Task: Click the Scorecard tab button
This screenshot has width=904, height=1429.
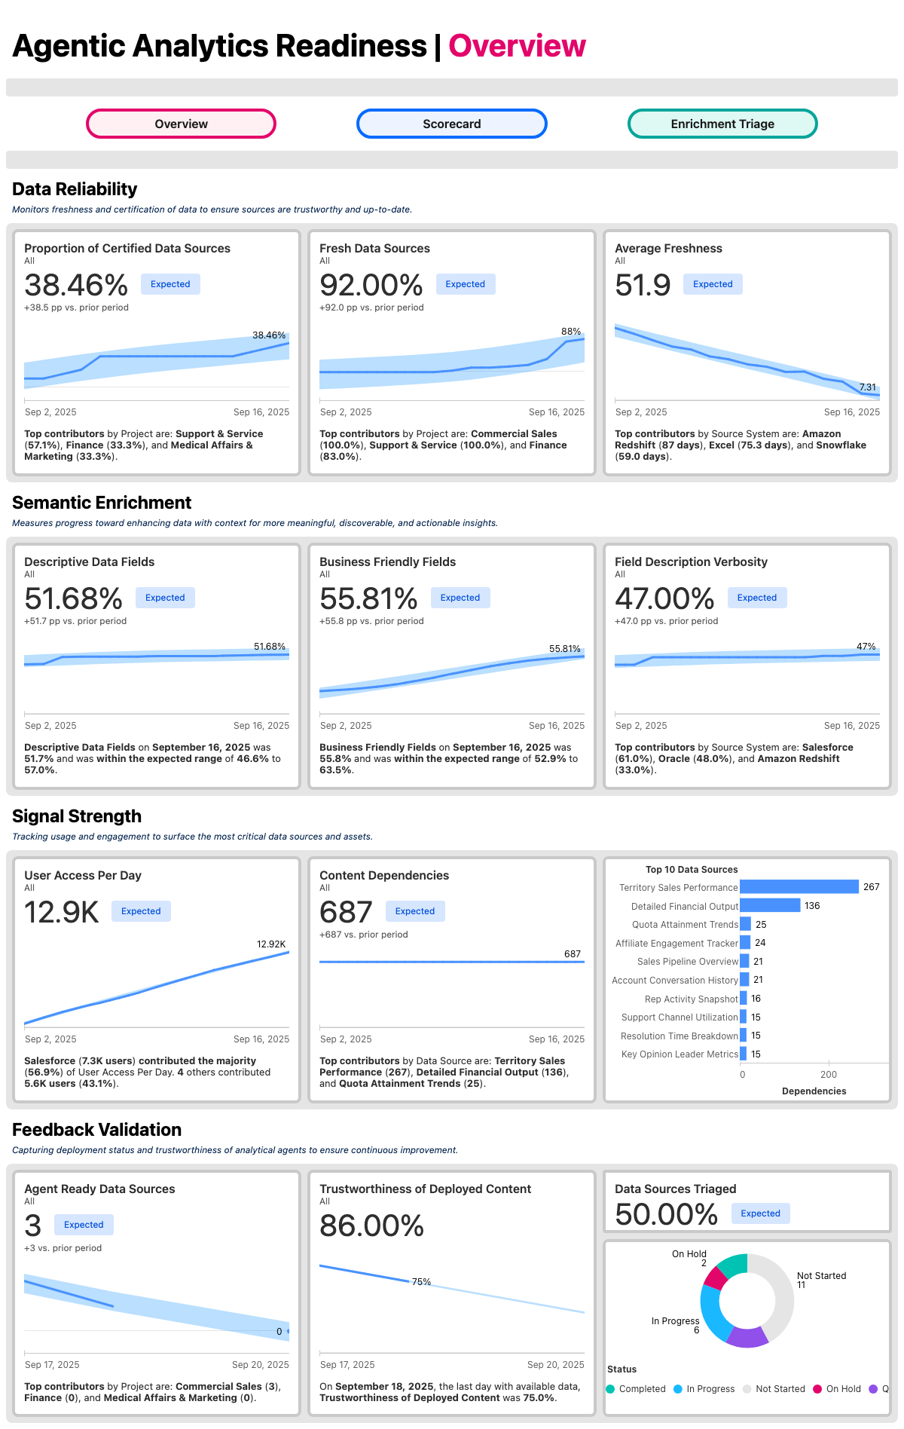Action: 451,124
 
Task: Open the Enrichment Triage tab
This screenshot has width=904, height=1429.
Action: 722,124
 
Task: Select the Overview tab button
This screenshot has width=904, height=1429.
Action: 181,124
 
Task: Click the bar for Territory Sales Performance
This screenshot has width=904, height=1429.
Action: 799,887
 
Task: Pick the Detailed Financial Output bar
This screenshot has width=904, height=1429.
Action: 769,905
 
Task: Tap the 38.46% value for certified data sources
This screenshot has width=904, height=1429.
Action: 76,286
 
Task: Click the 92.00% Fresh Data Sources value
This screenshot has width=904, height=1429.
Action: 371,286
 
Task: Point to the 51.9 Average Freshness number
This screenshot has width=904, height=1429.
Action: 643,286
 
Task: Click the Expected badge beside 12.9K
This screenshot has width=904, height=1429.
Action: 141,911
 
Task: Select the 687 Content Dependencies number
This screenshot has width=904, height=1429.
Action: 346,913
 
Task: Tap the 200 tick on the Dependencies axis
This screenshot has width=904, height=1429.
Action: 829,1074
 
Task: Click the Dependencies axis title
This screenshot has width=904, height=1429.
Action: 814,1091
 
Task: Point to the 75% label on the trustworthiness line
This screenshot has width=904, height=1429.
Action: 421,1281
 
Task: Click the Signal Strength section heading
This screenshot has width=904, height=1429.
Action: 77,816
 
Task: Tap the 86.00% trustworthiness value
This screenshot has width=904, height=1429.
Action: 371,1226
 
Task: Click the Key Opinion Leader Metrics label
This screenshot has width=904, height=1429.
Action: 680,1054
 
